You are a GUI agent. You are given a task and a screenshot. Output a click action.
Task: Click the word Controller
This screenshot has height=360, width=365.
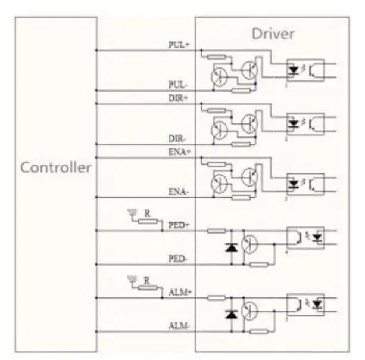57,167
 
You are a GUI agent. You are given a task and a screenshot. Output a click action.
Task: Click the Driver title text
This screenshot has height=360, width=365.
272,33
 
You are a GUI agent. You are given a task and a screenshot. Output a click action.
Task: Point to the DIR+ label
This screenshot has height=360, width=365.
179,98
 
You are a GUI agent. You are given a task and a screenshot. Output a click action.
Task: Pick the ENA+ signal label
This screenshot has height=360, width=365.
179,151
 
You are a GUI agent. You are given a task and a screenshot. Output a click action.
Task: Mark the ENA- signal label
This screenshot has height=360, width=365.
179,192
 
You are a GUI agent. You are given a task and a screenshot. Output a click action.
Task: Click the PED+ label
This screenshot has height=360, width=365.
179,225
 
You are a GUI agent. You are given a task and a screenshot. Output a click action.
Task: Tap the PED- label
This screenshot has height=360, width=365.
179,259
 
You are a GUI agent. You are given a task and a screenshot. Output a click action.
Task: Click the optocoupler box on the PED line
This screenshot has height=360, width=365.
305,238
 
